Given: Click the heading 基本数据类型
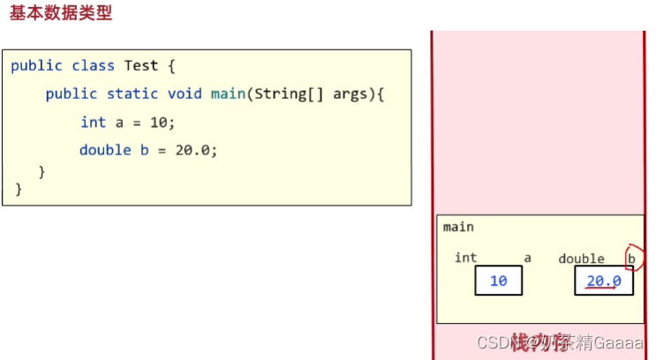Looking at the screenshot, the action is (61, 14).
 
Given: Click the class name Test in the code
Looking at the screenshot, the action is (140, 65).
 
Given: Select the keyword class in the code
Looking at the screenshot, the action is (93, 65).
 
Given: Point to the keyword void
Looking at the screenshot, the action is (185, 94).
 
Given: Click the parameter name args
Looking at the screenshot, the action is (351, 94).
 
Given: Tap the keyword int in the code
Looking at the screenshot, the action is (93, 123).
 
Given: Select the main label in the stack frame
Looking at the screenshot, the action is (458, 227).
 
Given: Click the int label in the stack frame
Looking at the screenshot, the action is (465, 258).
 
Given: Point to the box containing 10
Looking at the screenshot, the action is (498, 281).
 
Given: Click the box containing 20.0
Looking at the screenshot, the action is (604, 281).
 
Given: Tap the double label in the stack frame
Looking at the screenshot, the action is (581, 259).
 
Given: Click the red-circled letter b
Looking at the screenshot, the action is (631, 258).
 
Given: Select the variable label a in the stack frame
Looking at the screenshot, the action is (528, 258).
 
